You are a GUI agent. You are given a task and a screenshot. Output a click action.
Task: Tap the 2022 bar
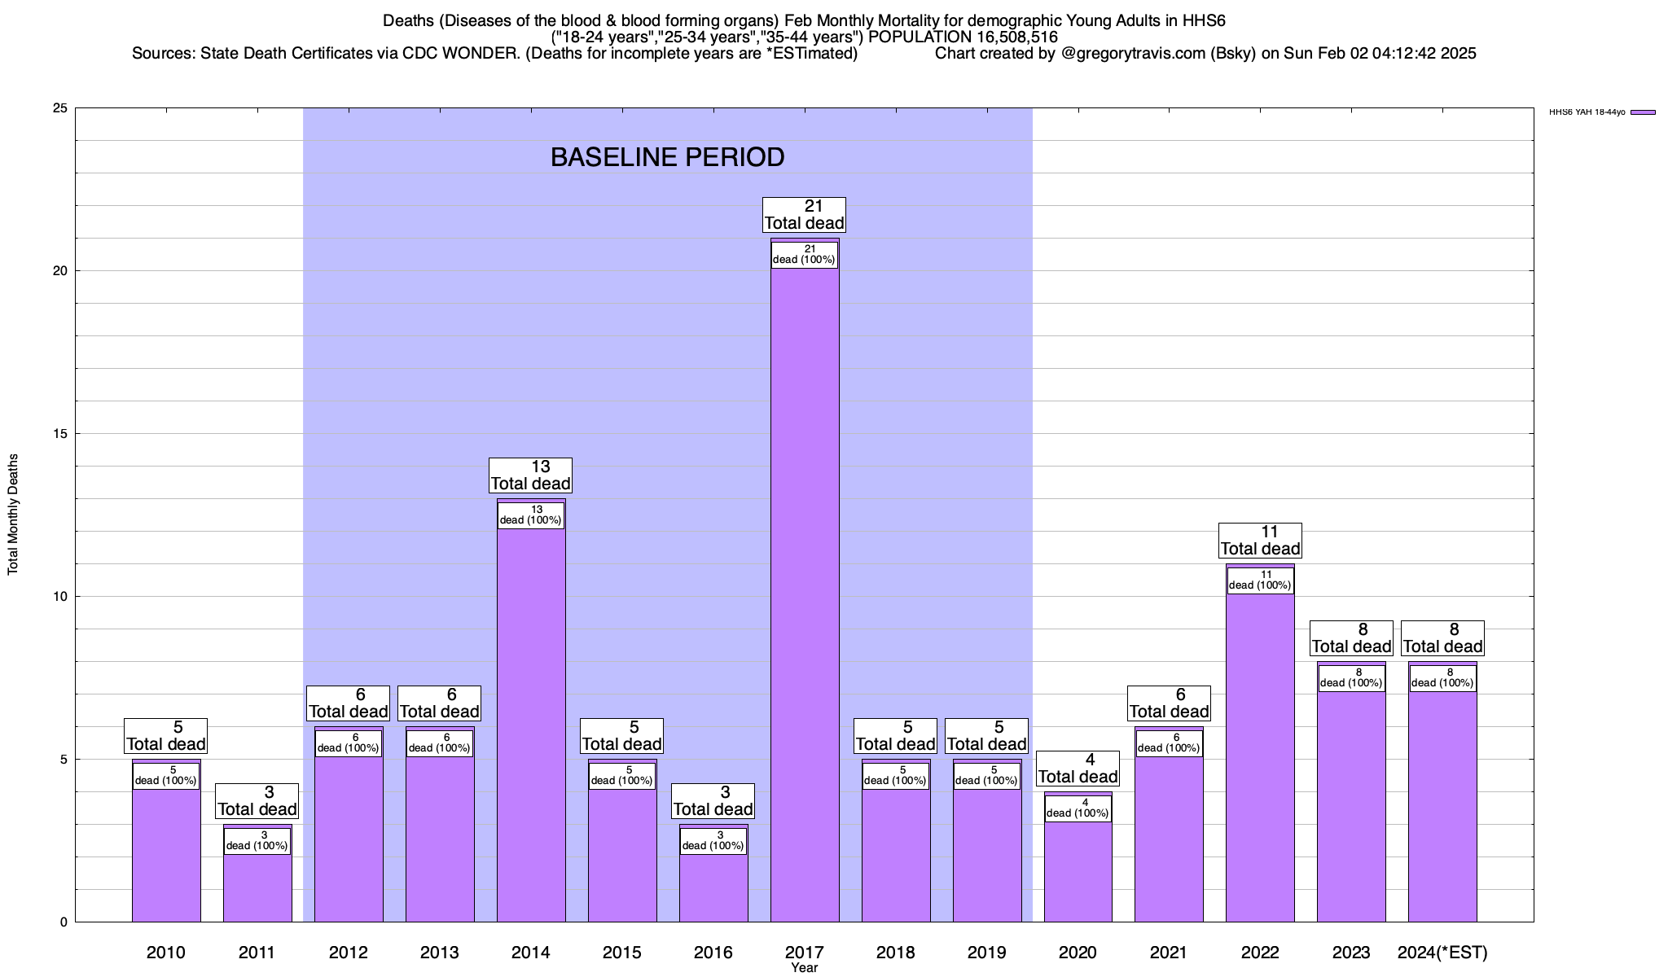coord(1260,757)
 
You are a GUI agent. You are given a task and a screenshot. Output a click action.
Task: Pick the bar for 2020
coord(1078,871)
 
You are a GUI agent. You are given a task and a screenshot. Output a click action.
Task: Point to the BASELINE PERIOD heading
coord(667,157)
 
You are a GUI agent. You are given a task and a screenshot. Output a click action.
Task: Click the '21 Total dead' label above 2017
coord(805,215)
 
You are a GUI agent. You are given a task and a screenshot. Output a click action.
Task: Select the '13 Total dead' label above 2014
coord(531,475)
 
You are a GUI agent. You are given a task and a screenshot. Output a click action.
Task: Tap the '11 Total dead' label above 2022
coord(1260,541)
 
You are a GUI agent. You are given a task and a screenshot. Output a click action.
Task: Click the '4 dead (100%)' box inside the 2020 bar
coord(1078,808)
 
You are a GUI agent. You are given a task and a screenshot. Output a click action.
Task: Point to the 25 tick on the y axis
coord(60,108)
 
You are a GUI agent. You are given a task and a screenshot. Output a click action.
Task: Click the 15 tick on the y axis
coord(60,434)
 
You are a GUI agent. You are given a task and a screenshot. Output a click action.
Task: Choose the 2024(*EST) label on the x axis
coord(1442,953)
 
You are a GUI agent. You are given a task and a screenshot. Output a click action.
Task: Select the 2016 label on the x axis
coord(713,953)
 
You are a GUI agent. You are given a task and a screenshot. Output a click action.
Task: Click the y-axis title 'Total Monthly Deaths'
coord(13,515)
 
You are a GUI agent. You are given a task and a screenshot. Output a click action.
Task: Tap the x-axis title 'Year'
coord(805,968)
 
